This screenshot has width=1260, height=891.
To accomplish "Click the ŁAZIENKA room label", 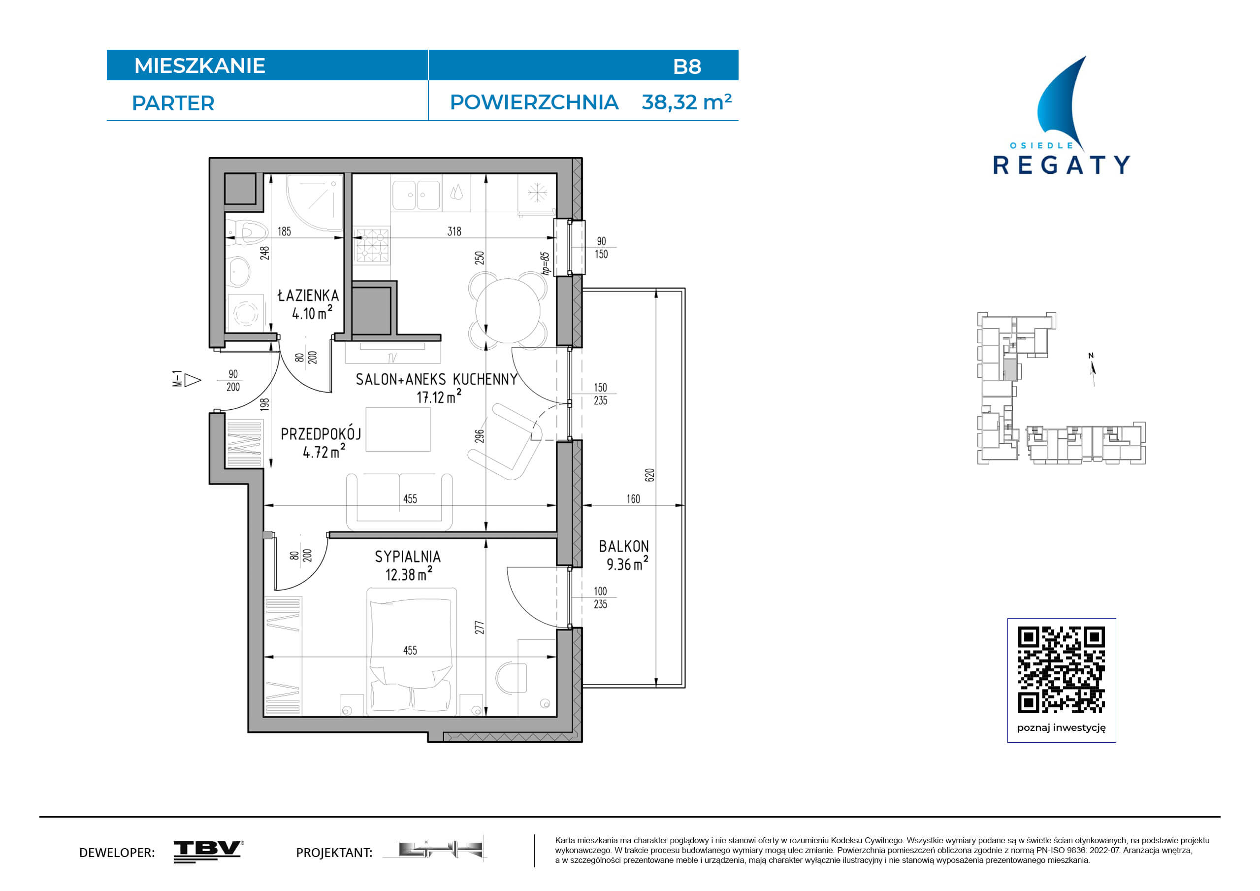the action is tap(308, 296).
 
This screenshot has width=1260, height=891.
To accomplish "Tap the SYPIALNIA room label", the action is tap(408, 557).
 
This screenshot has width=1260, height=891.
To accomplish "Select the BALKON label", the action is tap(624, 546).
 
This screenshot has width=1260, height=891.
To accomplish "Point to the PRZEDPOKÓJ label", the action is tap(321, 434).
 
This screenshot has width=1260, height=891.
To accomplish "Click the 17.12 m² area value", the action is tap(439, 396).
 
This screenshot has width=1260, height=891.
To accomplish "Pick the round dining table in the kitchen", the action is tap(508, 311).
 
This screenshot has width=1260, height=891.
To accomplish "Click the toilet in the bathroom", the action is tap(248, 231).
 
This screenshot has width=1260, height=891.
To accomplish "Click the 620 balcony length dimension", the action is tap(650, 475).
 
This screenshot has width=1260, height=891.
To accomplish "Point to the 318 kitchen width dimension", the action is tap(454, 231).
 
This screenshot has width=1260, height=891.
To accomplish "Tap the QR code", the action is tap(1062, 670).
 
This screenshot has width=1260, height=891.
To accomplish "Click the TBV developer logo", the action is tap(209, 852).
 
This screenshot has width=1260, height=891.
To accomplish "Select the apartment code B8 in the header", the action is tap(687, 66).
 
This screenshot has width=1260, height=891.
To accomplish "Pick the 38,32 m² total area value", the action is tap(686, 102).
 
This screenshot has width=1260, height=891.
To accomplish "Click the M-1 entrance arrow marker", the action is tap(187, 380).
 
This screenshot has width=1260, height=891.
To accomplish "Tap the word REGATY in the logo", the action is tap(1062, 165).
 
